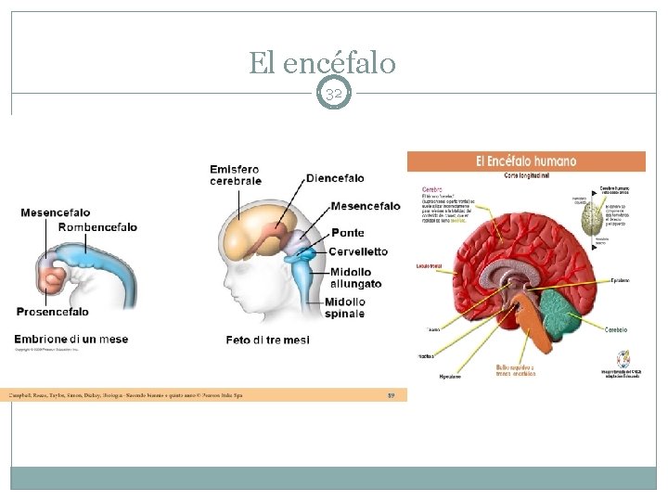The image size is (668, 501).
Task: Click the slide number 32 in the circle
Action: (334, 94)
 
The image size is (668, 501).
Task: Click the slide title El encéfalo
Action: (322, 63)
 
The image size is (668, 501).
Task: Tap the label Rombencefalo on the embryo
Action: (97, 227)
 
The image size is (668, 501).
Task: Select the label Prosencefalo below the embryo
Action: (53, 312)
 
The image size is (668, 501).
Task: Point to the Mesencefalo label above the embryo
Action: (56, 212)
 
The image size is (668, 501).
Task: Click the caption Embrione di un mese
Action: (71, 340)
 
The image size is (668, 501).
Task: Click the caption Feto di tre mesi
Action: (268, 340)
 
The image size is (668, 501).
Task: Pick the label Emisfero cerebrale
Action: (235, 175)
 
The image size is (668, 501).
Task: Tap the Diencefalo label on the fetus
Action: (335, 178)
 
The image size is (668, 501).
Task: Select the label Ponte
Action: (348, 233)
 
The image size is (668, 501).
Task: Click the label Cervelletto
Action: (358, 251)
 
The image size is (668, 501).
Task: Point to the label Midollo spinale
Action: (345, 307)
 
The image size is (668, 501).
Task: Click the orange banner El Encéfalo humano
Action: (526, 161)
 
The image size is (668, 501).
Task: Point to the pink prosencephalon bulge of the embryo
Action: (51, 275)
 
